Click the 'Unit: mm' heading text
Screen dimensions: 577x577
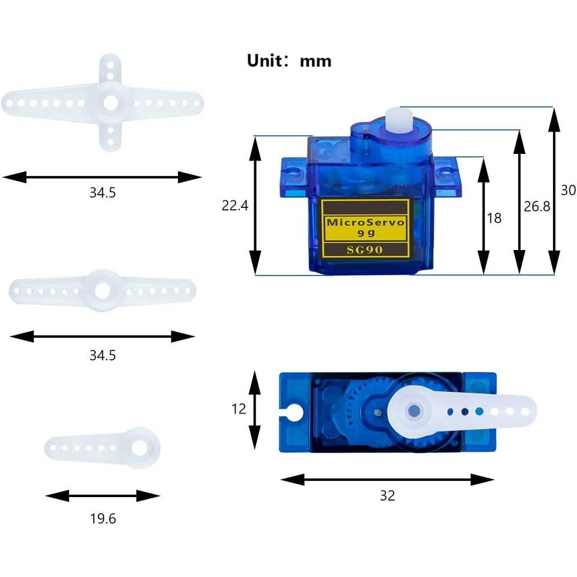[289, 61]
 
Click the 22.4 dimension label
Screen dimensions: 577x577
[235, 206]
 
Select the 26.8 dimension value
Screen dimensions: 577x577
[537, 206]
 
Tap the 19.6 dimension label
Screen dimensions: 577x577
[103, 519]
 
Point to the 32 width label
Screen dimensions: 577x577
[387, 496]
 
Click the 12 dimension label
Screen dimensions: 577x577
[239, 409]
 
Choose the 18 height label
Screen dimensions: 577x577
[494, 218]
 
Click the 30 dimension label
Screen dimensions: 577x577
[568, 191]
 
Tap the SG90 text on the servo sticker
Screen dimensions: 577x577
[365, 250]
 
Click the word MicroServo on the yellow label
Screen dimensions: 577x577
[365, 222]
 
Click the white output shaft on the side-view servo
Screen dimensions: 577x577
[399, 118]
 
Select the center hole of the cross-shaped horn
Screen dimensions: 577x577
[111, 103]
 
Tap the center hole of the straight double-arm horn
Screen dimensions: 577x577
[102, 291]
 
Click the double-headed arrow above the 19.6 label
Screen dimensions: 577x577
[103, 496]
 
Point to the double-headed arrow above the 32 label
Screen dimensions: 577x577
[387, 480]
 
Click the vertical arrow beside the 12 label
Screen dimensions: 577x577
[255, 410]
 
